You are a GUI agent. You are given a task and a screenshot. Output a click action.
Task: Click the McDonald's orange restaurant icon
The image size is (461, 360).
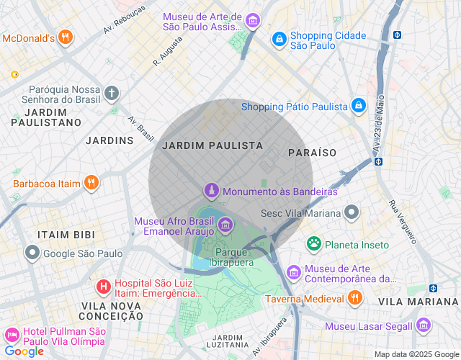pyautogui.click(x=66, y=37)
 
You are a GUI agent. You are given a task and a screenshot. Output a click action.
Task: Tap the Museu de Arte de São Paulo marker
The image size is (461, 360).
pyautogui.click(x=252, y=21)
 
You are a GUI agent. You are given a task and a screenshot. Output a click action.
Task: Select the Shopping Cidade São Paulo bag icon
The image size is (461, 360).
pyautogui.click(x=278, y=40)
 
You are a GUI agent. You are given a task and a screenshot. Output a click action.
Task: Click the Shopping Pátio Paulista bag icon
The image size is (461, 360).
pyautogui.click(x=359, y=107)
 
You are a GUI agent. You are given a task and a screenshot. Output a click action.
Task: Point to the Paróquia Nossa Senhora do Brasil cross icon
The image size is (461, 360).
pyautogui.click(x=111, y=93)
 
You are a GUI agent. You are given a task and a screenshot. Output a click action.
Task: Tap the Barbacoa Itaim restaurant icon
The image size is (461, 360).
pyautogui.click(x=91, y=183)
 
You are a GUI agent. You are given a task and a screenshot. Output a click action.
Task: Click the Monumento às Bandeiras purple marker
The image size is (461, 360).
pyautogui.click(x=211, y=191)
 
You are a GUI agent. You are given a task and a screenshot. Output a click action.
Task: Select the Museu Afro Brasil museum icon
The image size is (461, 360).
pyautogui.click(x=225, y=226)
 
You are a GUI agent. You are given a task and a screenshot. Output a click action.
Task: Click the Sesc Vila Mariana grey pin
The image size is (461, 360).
pyautogui.click(x=352, y=212)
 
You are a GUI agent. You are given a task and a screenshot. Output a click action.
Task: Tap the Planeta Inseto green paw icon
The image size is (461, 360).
pyautogui.click(x=313, y=244)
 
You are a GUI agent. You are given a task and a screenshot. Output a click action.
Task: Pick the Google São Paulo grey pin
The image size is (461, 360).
pyautogui.click(x=32, y=253)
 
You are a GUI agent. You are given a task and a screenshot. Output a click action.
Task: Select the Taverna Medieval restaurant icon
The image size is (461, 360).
pyautogui.click(x=354, y=298)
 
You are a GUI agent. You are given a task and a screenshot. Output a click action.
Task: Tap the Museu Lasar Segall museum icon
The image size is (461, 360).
pyautogui.click(x=423, y=325)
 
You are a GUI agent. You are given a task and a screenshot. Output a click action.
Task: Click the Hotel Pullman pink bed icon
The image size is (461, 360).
pyautogui.click(x=12, y=336)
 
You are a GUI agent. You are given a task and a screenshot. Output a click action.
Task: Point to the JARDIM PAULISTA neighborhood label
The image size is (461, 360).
pyautogui.click(x=212, y=145)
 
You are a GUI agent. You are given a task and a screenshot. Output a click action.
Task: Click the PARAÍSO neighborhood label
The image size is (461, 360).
pyautogui.click(x=312, y=153)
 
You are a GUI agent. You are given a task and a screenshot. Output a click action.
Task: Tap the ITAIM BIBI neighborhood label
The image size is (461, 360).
pyautogui.click(x=61, y=235)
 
